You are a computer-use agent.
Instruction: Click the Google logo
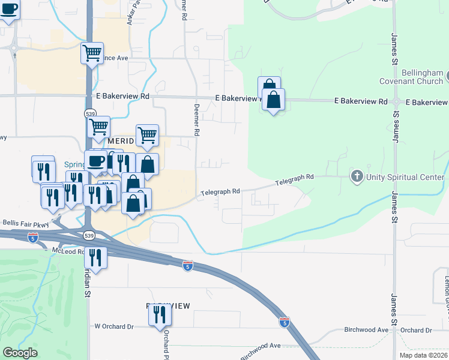(20, 353)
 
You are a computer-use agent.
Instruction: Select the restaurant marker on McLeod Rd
(96, 257)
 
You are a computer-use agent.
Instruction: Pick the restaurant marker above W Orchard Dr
(160, 314)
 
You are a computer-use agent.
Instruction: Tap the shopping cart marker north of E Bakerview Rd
(92, 53)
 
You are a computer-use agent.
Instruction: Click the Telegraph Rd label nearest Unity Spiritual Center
(295, 178)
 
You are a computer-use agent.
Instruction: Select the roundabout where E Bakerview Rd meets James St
(396, 103)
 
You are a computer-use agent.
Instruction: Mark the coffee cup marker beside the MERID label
(96, 161)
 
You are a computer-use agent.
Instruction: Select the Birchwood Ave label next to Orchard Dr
(366, 330)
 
